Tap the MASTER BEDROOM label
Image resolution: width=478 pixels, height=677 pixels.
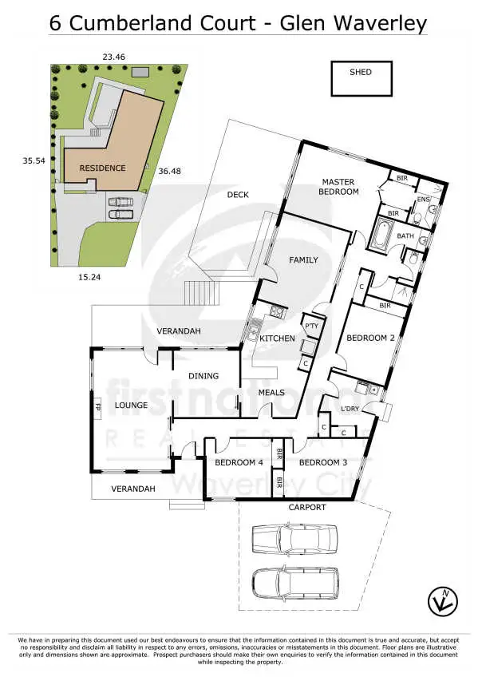(x=339, y=187)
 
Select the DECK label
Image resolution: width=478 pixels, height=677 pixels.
(x=239, y=195)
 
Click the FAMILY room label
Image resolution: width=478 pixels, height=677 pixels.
(x=303, y=260)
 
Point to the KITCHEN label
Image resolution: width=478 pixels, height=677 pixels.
(x=277, y=338)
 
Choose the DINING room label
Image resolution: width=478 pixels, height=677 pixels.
(x=203, y=376)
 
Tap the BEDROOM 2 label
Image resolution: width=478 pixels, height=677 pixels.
(x=369, y=338)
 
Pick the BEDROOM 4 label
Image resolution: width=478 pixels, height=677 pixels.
(x=238, y=462)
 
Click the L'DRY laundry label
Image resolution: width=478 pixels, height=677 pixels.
(x=351, y=410)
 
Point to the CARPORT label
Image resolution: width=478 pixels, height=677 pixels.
(x=307, y=507)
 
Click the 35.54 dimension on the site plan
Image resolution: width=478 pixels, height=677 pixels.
(x=34, y=160)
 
